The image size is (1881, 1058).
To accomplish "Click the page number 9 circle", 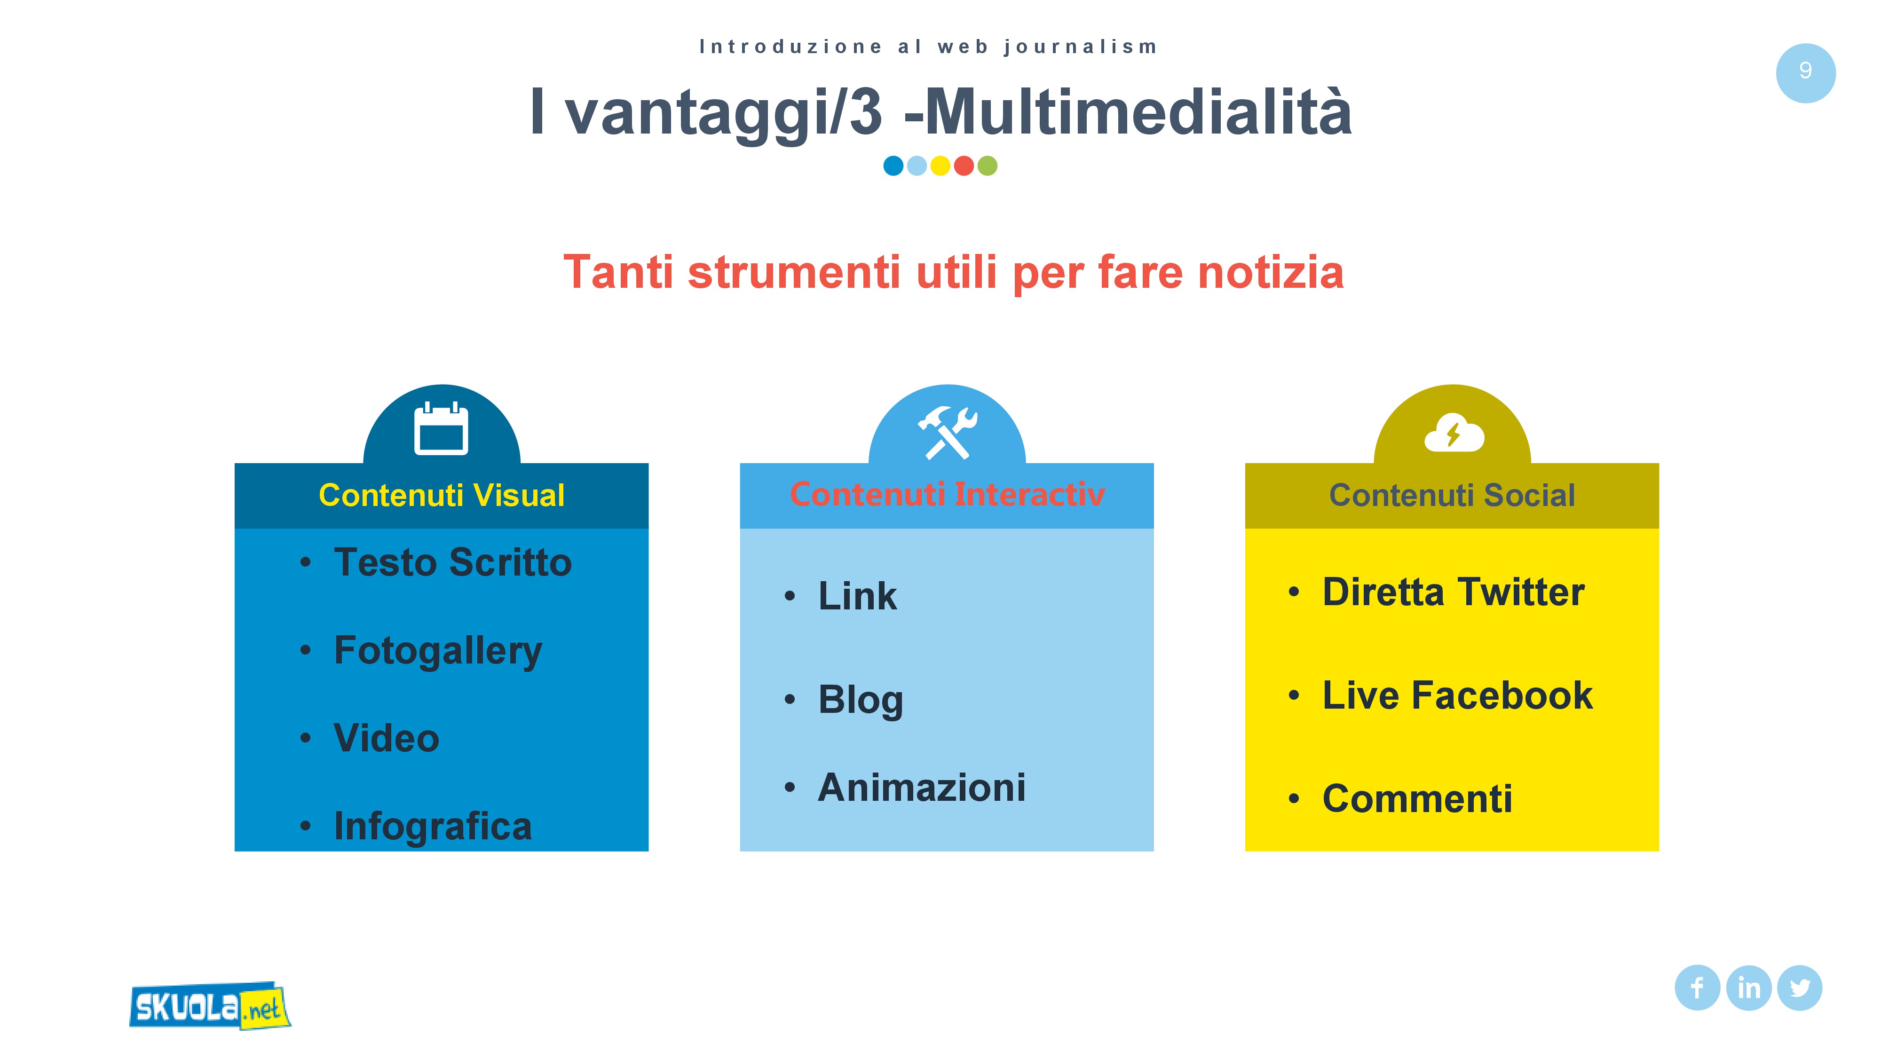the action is (1805, 73).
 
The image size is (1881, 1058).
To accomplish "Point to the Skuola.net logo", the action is (210, 1006).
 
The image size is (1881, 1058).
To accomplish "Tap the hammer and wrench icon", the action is (947, 432).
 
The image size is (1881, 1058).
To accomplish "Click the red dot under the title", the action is (964, 166).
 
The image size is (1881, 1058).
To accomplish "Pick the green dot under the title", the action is (987, 166).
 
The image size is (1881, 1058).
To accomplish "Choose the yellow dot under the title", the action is (940, 166).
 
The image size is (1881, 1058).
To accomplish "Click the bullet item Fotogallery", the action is (438, 651).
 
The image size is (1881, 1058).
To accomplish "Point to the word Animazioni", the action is (922, 788).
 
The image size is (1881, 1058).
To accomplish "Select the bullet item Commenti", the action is (1417, 799).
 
